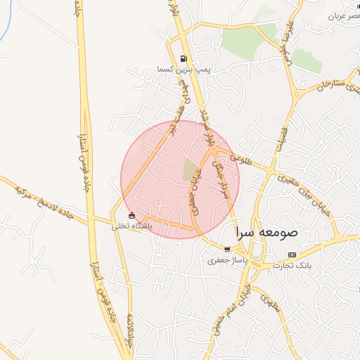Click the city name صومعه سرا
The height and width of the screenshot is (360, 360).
click(x=267, y=231)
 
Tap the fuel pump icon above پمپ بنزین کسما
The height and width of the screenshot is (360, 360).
click(x=184, y=59)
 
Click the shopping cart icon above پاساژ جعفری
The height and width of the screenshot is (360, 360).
click(x=226, y=248)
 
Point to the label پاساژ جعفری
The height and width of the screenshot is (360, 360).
click(x=226, y=260)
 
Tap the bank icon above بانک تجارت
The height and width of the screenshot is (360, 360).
click(x=293, y=254)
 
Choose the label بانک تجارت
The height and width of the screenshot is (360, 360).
click(x=293, y=266)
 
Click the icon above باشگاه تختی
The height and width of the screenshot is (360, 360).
click(x=131, y=215)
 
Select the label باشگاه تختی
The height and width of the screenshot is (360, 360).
click(x=131, y=227)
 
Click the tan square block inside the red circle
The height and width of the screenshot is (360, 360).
click(x=191, y=169)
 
